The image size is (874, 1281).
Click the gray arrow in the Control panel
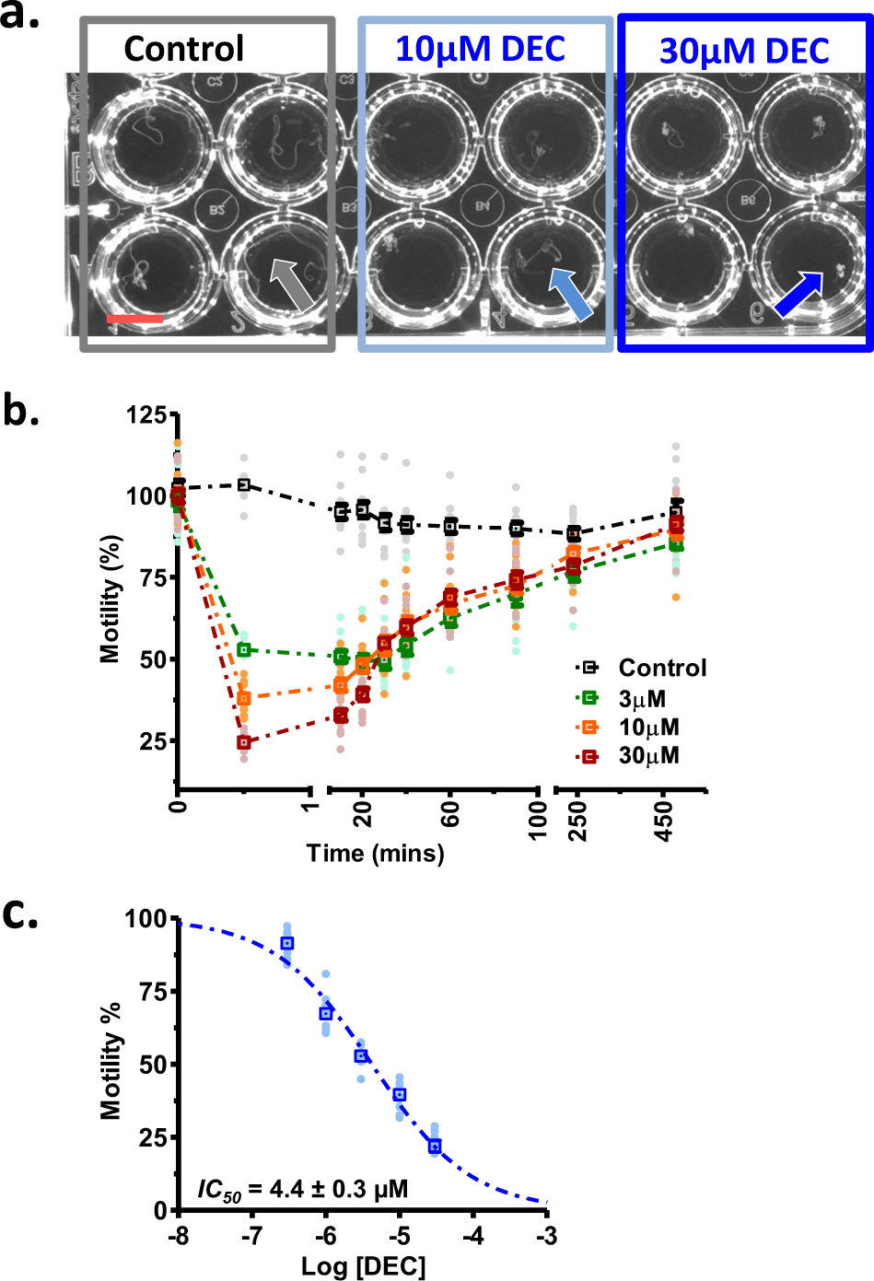(293, 284)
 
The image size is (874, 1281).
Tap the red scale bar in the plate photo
(134, 319)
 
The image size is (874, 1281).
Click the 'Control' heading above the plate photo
(184, 49)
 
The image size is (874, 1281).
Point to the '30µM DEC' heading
(744, 52)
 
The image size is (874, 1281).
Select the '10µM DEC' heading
(480, 49)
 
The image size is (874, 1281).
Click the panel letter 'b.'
(21, 411)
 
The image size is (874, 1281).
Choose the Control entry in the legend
(643, 668)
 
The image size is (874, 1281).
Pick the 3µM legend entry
(622, 699)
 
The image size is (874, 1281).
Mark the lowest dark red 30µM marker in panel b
(244, 742)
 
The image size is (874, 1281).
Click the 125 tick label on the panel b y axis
(146, 415)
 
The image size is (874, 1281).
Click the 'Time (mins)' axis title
(375, 854)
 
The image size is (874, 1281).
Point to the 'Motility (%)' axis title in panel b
(111, 599)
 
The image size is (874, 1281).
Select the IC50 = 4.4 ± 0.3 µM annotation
(302, 1190)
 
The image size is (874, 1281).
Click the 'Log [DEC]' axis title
(363, 1266)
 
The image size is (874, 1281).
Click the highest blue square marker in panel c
(287, 943)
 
